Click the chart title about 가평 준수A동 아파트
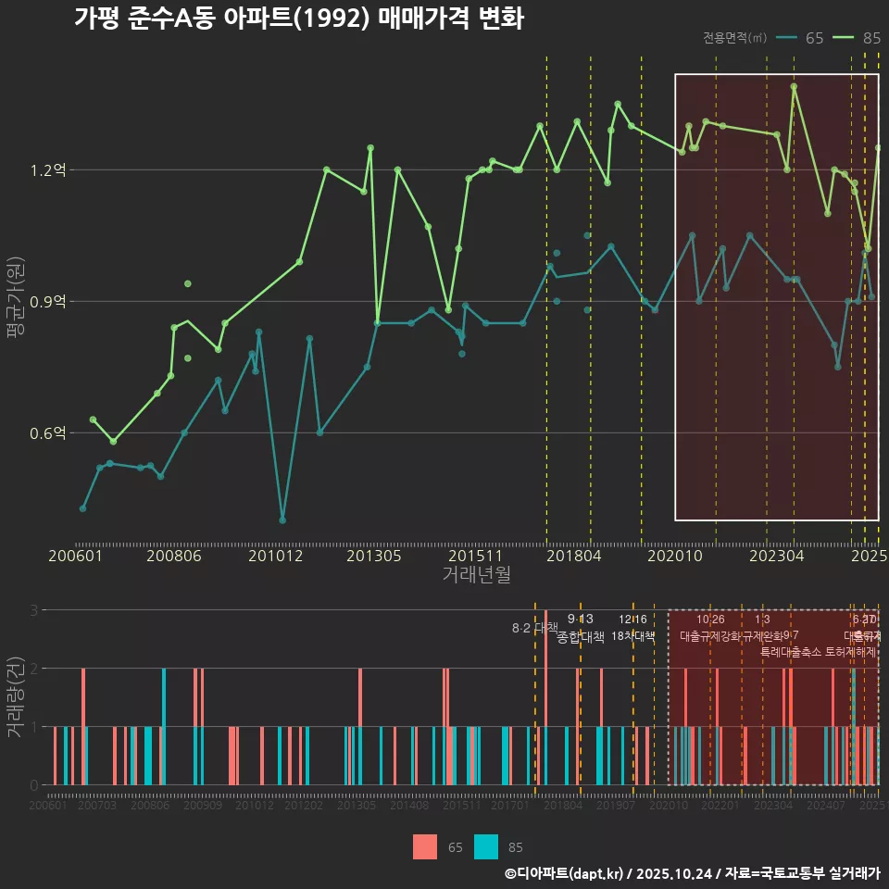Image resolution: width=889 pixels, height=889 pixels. coord(298,19)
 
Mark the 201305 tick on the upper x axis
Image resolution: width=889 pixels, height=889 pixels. coord(373,556)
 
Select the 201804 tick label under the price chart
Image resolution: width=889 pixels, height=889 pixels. coord(572,556)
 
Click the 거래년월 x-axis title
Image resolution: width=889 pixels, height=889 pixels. coord(476,575)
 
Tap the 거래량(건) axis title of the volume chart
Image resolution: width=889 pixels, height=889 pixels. coord(15,697)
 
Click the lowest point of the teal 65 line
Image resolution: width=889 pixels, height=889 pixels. coord(282,520)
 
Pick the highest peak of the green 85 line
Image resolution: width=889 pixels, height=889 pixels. coord(794,87)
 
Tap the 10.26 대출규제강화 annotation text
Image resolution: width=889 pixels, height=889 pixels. coord(710,629)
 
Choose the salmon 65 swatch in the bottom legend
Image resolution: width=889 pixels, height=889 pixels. coord(425,846)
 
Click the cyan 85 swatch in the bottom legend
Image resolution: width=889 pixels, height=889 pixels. coord(486,846)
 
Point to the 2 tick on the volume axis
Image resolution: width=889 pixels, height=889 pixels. coord(34,669)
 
